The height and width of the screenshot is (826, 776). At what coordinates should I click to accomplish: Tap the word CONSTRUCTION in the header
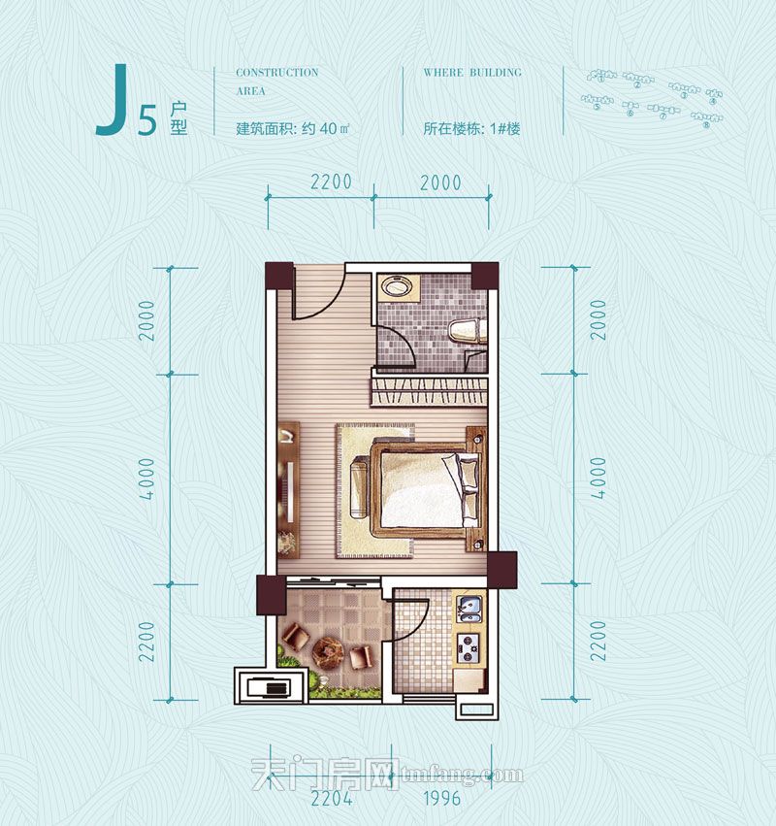tap(276, 73)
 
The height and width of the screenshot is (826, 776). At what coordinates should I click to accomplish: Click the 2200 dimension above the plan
tap(331, 182)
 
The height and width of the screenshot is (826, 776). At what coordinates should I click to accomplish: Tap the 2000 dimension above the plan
tap(441, 182)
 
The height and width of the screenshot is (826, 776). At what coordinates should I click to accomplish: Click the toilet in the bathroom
tap(467, 331)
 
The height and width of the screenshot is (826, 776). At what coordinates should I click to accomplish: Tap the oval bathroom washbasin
tap(396, 287)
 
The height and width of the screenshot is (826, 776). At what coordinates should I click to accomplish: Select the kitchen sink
tap(469, 609)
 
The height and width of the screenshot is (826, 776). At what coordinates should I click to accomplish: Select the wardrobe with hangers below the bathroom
tap(428, 392)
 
